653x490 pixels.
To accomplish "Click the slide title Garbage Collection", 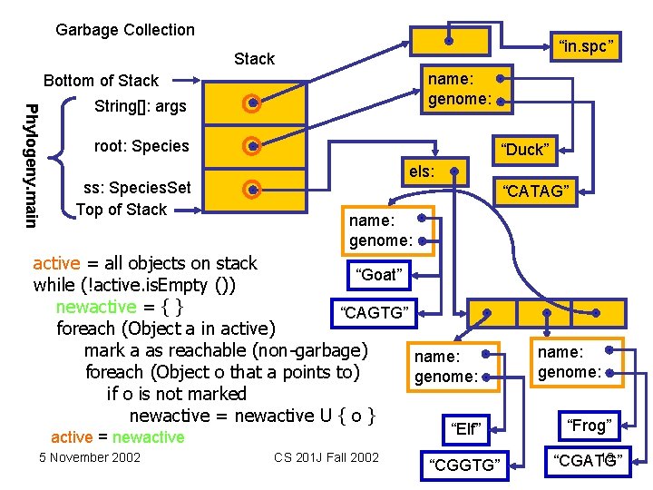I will pos(125,30).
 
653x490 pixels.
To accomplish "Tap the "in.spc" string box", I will pos(587,44).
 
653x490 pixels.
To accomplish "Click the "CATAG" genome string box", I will pos(536,191).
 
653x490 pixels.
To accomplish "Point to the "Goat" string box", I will pos(379,275).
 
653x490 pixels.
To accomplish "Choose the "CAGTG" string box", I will pos(374,314).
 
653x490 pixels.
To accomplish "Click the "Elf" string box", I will pos(466,428).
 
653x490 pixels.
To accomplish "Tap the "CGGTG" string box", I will pos(467,465).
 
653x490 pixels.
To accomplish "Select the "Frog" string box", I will pos(589,425).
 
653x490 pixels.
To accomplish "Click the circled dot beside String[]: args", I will pos(253,104).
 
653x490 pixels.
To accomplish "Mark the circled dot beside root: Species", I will pos(253,145).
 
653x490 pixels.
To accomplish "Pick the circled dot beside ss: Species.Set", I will pos(253,189).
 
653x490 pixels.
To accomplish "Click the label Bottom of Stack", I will pos(101,81).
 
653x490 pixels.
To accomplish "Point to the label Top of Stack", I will pos(122,210).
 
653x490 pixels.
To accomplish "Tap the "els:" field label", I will pos(422,170).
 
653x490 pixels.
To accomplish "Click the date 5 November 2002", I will pos(90,456).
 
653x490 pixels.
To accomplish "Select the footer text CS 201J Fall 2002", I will pos(326,456).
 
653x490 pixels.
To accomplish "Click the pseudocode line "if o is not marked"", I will pos(176,394).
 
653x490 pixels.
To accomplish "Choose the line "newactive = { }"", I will pos(119,307).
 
